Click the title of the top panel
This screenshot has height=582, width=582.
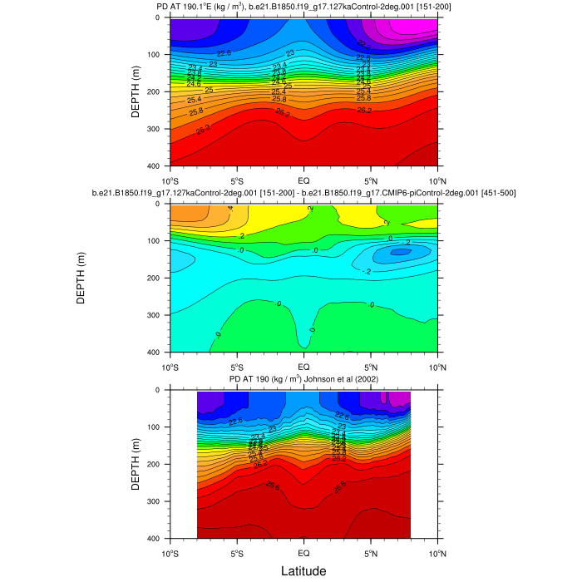[303, 7]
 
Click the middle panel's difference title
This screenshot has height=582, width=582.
[303, 193]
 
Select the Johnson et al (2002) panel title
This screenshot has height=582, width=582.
[303, 380]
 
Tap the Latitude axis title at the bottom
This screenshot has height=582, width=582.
[303, 570]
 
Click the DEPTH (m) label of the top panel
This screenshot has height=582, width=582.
[136, 91]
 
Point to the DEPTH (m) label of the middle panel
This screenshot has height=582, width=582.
[81, 278]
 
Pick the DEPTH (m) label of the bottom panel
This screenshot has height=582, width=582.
[136, 464]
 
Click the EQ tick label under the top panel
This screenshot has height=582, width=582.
[303, 180]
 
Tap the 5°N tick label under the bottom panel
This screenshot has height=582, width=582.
[371, 552]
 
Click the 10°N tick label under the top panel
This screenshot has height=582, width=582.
[437, 180]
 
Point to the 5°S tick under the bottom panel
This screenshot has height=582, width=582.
[236, 552]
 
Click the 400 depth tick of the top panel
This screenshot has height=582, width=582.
[156, 166]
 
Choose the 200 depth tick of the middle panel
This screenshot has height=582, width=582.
[156, 278]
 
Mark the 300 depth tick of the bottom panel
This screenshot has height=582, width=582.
[156, 501]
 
